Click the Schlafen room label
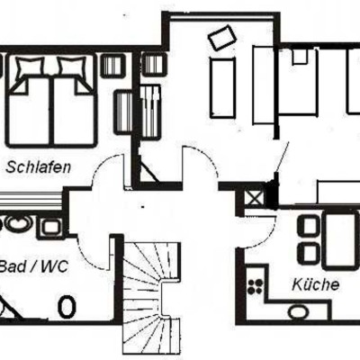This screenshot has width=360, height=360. coord(39,167)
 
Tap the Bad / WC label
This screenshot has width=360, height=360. coord(33,266)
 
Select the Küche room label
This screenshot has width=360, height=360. coord(316,284)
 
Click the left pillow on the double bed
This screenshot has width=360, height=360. coord(30,67)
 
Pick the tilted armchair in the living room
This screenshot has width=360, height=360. coord(222,37)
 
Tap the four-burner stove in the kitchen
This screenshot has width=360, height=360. coord(256,286)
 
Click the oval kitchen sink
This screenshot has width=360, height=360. coord(298,311)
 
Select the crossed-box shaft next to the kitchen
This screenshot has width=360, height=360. coord(254,198)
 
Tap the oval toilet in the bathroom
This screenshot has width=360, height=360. coord(67,307)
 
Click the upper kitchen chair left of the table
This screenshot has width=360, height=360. coord(308,227)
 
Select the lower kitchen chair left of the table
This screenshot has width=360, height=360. coord(308,253)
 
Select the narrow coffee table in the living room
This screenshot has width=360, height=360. coord(222,87)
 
